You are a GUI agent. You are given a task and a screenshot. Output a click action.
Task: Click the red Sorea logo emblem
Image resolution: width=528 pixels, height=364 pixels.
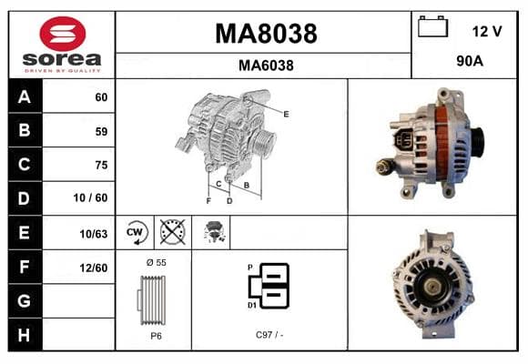(63, 34)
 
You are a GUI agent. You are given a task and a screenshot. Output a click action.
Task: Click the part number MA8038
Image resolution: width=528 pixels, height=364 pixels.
(266, 34)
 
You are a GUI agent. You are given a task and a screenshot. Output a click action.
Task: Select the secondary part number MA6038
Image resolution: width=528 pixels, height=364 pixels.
(266, 66)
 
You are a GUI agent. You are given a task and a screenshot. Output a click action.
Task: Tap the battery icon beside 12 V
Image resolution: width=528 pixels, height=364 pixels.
(432, 26)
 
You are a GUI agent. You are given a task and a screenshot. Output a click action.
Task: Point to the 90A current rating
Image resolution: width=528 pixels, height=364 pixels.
(470, 61)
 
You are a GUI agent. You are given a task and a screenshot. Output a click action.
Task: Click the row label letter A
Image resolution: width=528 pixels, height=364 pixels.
(25, 97)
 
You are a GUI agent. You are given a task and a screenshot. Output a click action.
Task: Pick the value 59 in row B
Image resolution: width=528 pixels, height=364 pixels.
(101, 131)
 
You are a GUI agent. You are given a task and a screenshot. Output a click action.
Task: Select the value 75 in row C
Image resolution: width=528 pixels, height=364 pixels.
(101, 165)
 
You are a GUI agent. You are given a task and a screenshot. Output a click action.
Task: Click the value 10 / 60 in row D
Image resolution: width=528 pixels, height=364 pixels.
(91, 197)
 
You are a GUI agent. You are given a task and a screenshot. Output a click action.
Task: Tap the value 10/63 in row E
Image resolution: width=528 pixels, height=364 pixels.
(94, 234)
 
